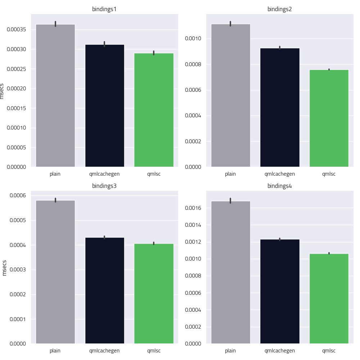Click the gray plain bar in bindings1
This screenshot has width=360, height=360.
pyautogui.click(x=55, y=95)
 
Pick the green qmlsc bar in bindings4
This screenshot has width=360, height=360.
pyautogui.click(x=329, y=298)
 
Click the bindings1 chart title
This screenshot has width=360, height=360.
pyautogui.click(x=104, y=9)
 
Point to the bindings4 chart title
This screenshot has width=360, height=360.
pyautogui.click(x=280, y=186)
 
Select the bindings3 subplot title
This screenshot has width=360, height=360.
pyautogui.click(x=104, y=186)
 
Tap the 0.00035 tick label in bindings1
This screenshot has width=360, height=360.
pyautogui.click(x=17, y=30)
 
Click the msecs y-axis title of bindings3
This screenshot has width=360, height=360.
pyautogui.click(x=5, y=268)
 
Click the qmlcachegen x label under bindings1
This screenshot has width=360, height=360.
pyautogui.click(x=104, y=174)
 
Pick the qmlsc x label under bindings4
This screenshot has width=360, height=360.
pyautogui.click(x=329, y=351)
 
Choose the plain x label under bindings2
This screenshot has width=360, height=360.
pyautogui.click(x=230, y=174)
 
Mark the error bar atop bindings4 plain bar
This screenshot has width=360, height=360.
pyautogui.click(x=230, y=200)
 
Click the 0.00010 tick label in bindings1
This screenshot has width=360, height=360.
pyautogui.click(x=17, y=128)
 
